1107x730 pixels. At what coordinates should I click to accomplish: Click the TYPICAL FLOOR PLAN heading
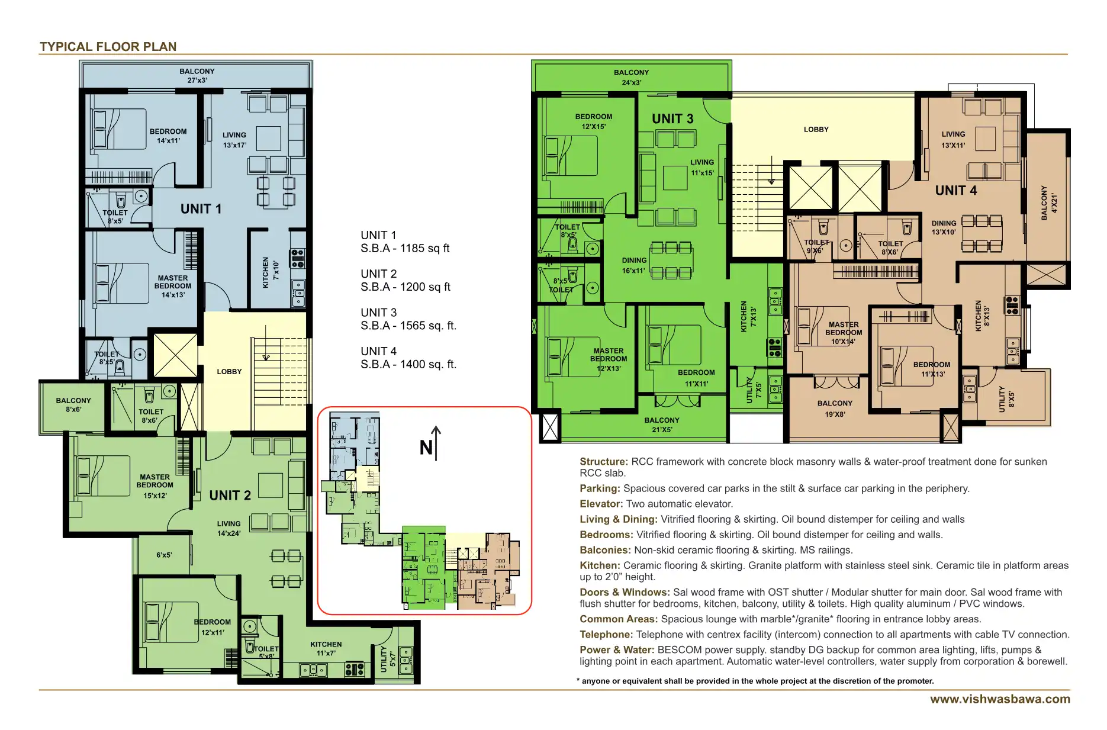108,47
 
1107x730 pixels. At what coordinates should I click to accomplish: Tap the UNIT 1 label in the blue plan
201,209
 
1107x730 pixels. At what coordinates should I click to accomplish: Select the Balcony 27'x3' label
197,76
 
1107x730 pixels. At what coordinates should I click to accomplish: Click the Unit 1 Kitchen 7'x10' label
270,272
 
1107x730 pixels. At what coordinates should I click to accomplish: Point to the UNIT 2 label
230,496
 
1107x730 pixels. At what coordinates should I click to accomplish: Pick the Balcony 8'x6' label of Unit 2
73,405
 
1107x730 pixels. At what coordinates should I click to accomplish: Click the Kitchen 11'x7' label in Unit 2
326,648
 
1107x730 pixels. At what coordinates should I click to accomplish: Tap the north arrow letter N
426,448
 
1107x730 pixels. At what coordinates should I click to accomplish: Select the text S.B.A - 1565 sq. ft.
408,326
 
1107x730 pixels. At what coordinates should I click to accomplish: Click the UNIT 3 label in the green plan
672,119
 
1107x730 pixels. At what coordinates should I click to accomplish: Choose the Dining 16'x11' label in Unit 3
634,265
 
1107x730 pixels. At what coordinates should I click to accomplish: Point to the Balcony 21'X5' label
662,425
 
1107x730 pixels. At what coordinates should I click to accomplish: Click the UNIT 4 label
955,191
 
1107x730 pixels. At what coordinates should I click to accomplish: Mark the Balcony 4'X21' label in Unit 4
1048,203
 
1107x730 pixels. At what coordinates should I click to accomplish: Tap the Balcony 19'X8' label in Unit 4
835,409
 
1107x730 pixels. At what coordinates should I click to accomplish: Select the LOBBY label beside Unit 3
816,129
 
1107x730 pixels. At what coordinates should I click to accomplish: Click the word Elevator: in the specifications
601,504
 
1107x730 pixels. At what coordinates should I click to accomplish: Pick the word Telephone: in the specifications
606,634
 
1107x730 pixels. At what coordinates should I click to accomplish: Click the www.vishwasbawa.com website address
1000,699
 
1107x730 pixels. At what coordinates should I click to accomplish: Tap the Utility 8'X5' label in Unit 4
1006,398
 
